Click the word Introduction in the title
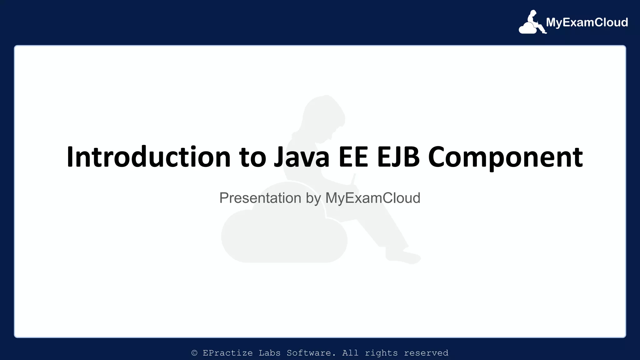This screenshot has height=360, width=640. click(x=149, y=157)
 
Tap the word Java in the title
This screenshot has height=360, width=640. click(x=302, y=157)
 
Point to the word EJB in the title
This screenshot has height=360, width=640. click(x=398, y=157)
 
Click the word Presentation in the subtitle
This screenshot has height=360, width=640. click(x=260, y=198)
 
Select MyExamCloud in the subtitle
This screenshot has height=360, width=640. click(x=373, y=198)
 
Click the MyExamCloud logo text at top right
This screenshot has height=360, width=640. click(x=587, y=22)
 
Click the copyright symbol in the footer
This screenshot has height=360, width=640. click(x=194, y=353)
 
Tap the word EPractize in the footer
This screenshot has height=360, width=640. click(x=227, y=353)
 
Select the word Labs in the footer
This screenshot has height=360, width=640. click(x=269, y=353)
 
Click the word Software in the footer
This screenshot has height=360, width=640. click(x=311, y=353)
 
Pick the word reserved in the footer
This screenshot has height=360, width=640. click(x=426, y=353)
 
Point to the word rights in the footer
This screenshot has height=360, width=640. click(x=381, y=353)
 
